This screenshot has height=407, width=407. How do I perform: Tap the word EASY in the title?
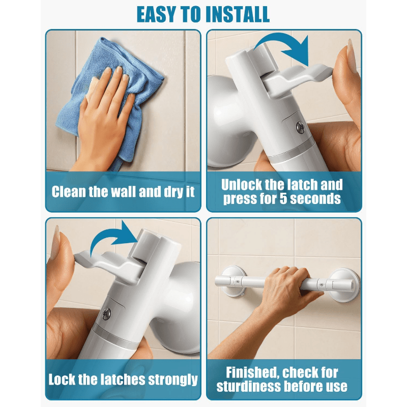[x=158, y=14]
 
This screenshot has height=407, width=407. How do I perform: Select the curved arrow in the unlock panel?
[x=283, y=44]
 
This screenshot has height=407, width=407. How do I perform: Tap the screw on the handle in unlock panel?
[x=300, y=127]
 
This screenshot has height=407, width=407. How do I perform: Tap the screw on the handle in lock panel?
[x=106, y=314]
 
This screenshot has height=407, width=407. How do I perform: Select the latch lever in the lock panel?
[x=109, y=265]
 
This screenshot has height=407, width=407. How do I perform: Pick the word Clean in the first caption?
[x=69, y=192]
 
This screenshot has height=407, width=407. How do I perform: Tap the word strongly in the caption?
[x=173, y=380]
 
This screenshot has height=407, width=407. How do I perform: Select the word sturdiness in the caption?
[x=249, y=386]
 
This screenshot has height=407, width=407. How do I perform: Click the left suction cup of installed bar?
[x=233, y=280]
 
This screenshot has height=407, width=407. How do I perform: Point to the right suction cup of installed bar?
[x=345, y=285]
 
